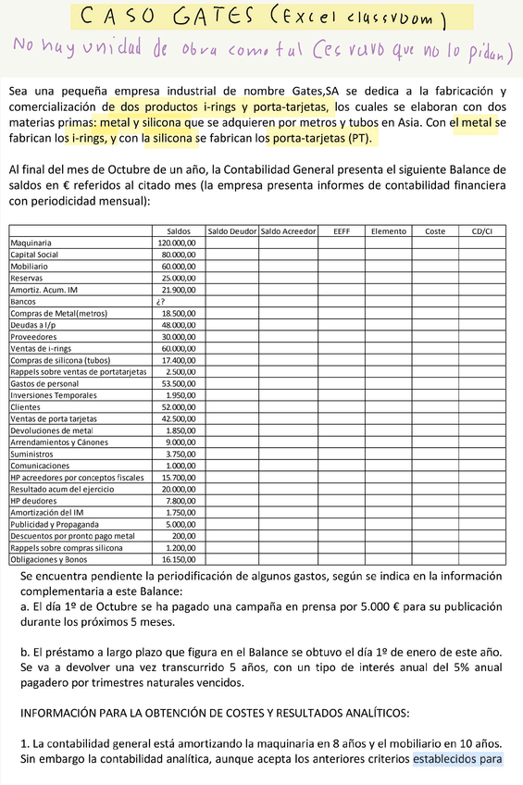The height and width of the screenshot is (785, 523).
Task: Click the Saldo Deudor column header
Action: [230, 231]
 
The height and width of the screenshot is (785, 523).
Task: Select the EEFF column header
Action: [341, 231]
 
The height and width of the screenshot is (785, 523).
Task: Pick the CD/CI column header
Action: [482, 231]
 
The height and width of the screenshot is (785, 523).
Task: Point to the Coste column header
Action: [435, 231]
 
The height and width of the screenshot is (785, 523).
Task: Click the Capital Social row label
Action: [34, 254]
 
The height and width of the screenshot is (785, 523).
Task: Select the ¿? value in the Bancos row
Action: [161, 301]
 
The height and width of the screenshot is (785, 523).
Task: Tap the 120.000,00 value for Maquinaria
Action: [177, 243]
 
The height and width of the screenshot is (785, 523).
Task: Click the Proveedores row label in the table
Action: [32, 336]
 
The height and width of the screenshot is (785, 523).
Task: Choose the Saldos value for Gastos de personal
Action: [179, 383]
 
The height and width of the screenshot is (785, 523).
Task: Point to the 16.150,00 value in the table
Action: [179, 559]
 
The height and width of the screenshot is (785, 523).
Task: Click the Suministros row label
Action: [31, 454]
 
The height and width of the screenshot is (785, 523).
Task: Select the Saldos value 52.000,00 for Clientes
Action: [179, 406]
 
